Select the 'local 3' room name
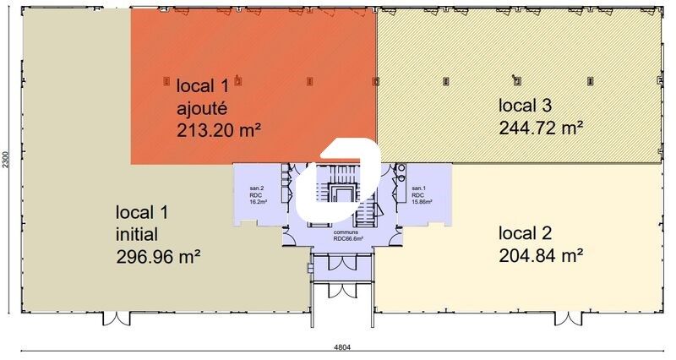(x=525, y=106)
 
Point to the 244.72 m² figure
(x=542, y=128)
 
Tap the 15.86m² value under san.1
(x=422, y=202)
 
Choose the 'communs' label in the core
(x=345, y=231)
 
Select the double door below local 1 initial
(x=116, y=319)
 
